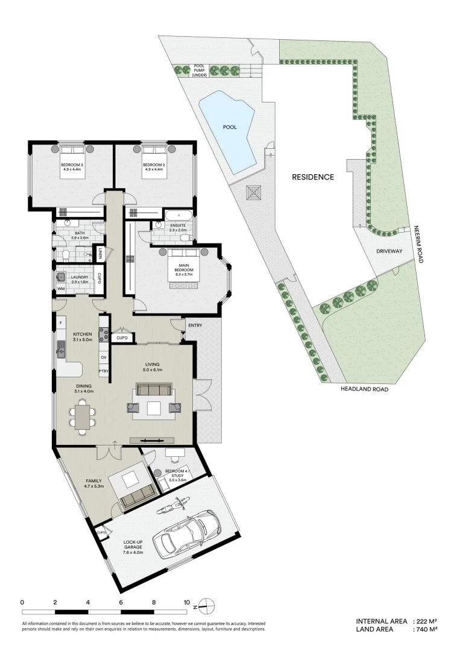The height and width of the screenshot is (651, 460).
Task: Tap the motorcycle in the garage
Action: tap(174, 506)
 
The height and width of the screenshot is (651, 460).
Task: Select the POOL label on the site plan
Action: tap(229, 128)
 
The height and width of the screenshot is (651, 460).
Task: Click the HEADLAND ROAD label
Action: tap(364, 389)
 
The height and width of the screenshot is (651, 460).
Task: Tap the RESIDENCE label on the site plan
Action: tap(313, 177)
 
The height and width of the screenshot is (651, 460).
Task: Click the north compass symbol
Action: tap(205, 605)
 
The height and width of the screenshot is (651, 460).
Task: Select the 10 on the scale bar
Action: tap(187, 602)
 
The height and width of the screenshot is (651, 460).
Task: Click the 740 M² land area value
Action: tap(426, 629)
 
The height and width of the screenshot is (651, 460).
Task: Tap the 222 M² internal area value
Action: tap(426, 621)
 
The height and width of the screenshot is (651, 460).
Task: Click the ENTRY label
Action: tap(195, 325)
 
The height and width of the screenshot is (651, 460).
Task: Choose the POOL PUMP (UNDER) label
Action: tap(200, 71)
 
